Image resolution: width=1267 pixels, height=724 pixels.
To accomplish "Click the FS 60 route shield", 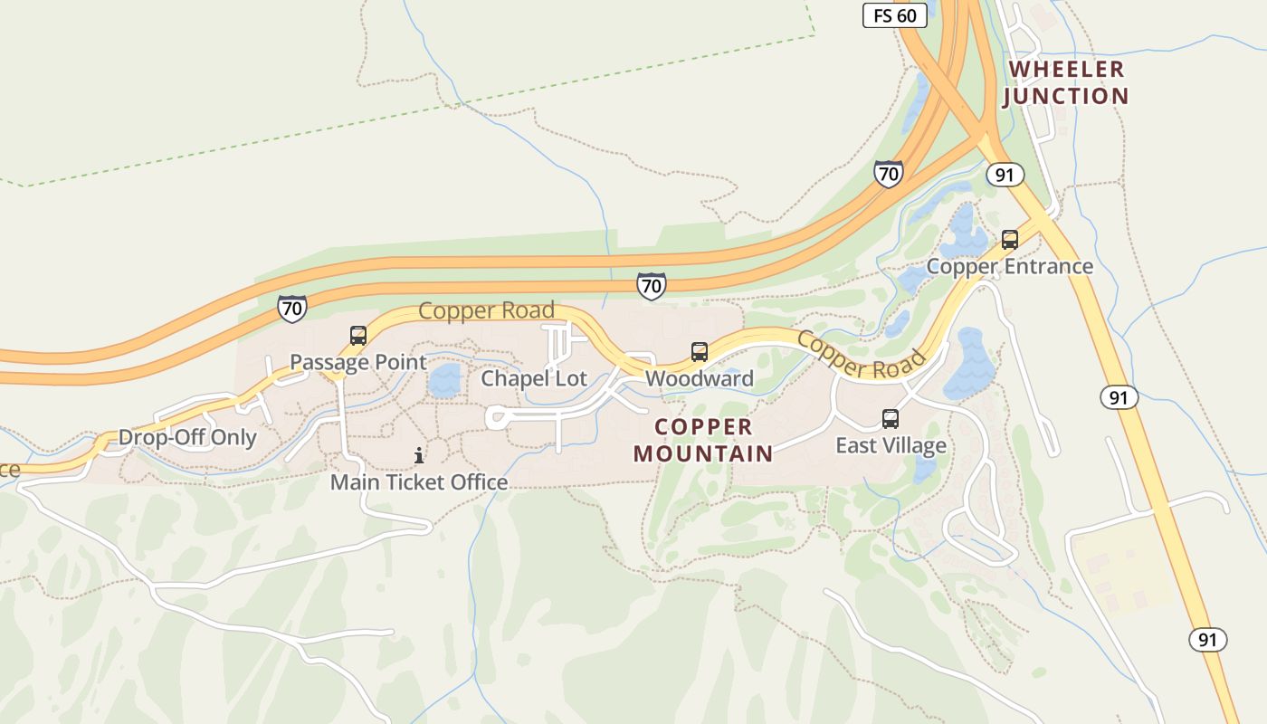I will (x=894, y=15).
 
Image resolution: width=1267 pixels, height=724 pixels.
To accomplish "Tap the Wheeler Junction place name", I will (x=1066, y=82).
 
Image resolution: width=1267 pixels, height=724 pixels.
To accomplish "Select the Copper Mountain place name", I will (x=703, y=440).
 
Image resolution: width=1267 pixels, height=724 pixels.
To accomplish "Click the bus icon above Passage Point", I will (x=358, y=336).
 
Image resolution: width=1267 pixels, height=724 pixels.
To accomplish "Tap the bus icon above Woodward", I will (x=699, y=352).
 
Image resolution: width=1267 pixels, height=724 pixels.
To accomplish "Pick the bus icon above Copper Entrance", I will (x=1009, y=240).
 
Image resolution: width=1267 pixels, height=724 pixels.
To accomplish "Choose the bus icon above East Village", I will (x=891, y=419).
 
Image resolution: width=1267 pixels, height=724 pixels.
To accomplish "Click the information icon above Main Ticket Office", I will (x=418, y=455).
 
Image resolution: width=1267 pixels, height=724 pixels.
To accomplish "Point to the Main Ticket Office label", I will (x=418, y=482).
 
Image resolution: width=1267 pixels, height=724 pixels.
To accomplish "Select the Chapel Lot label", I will (x=534, y=378).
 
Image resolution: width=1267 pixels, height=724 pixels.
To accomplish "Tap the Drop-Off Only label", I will (x=187, y=438).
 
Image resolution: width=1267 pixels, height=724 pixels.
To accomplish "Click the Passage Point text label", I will (x=357, y=362).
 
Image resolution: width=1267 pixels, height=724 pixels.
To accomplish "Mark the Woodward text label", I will (x=699, y=378).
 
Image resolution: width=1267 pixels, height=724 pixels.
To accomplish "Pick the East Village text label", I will (x=891, y=445).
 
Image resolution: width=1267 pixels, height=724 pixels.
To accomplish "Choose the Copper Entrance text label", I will (x=1009, y=266).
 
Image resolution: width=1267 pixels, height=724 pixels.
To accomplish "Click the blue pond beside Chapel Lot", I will (x=444, y=381).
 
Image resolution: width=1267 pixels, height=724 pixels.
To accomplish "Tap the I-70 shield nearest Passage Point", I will (x=291, y=308).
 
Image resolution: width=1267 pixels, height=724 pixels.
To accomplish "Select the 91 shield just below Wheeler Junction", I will (x=1004, y=174).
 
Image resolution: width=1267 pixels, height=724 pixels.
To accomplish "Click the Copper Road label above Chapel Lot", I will (x=486, y=311).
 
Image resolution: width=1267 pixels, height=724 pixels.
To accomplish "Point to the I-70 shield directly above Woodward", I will (x=651, y=286).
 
